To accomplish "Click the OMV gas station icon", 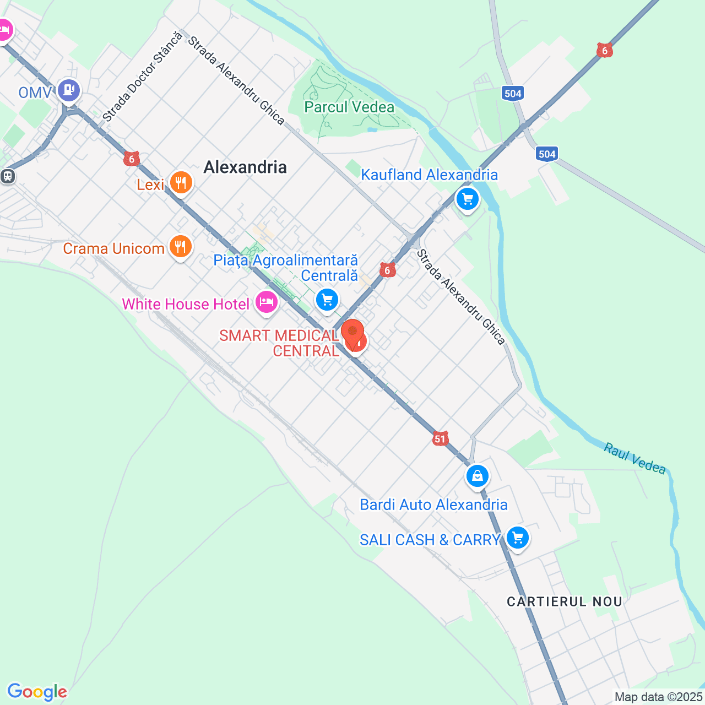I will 69,90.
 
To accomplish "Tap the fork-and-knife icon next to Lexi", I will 181,182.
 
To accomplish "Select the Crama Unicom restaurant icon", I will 181,246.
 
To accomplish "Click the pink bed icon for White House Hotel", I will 267,302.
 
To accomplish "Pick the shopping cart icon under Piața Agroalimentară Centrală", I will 328,300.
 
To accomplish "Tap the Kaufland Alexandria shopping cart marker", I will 468,198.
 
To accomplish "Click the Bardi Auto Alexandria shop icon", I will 478,475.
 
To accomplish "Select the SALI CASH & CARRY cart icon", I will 518,538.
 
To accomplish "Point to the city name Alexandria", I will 245,167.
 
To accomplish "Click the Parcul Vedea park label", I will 349,107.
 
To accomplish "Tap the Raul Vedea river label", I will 635,458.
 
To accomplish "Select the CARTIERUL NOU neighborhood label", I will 565,601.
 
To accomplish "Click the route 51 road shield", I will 440,438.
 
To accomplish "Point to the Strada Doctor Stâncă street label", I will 142,77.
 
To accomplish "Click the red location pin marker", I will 352,332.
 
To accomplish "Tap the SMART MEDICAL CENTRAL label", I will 279,343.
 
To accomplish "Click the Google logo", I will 37,692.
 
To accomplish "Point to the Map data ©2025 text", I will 659,697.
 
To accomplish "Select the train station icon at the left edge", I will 8,176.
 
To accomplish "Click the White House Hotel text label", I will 186,304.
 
